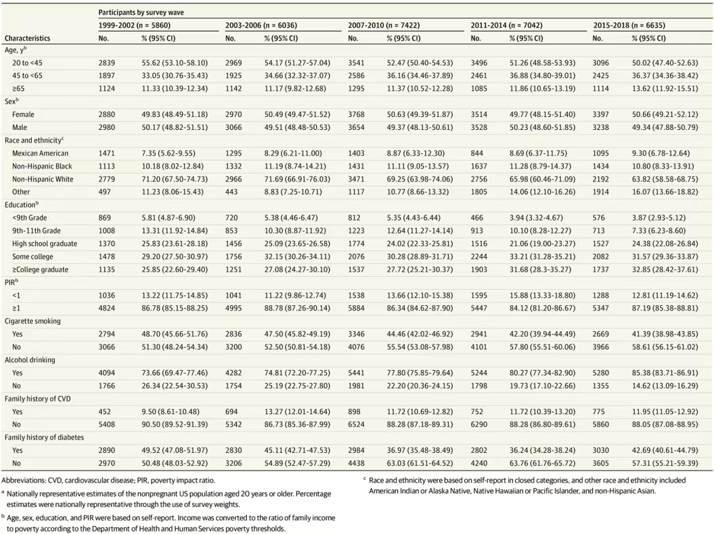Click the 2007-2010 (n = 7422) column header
pos(384,26)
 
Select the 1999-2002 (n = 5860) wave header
pos(134,26)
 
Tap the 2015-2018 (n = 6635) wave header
pos(629,26)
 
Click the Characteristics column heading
pos(27,39)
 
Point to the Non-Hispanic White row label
pos(43,179)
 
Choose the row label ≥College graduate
pos(40,269)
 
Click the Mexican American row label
pos(40,154)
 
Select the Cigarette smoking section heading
pos(32,321)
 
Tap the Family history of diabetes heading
pos(44,437)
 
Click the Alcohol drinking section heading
pos(30,359)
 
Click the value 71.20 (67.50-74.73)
pos(175,179)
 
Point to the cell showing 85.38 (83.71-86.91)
pos(665,373)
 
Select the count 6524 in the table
pos(356,424)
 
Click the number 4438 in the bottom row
pos(356,463)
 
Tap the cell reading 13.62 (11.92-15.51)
pos(665,88)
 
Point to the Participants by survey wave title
pos(141,12)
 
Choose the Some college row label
pos(32,257)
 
